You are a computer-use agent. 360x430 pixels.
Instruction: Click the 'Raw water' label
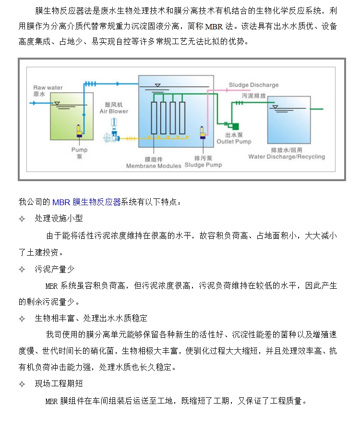pyautogui.click(x=48, y=87)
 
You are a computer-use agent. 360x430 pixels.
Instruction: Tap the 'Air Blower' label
pyautogui.click(x=114, y=111)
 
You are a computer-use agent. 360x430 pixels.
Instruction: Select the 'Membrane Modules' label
pyautogui.click(x=154, y=166)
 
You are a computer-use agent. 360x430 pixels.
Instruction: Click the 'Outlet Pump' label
pyautogui.click(x=234, y=142)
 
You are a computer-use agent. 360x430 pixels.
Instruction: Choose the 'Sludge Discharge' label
pyautogui.click(x=253, y=85)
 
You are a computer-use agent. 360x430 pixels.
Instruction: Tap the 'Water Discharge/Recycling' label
pyautogui.click(x=286, y=157)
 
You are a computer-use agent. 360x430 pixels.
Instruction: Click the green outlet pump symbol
pyautogui.click(x=234, y=126)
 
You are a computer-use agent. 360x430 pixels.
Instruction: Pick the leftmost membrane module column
pyautogui.click(x=154, y=118)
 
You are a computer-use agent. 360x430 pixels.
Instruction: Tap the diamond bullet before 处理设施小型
pyautogui.click(x=22, y=219)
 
